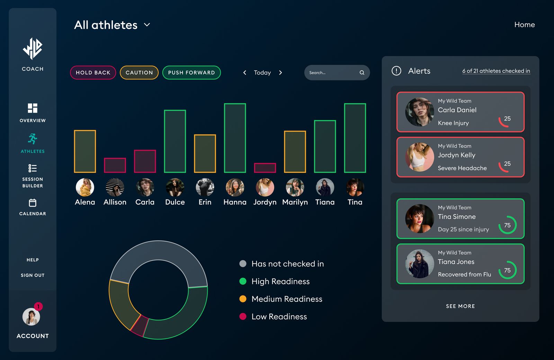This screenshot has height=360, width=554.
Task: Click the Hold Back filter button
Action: click(x=93, y=72)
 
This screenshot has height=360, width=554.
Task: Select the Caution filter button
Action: click(x=139, y=72)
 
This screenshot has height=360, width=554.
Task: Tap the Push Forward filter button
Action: click(x=191, y=72)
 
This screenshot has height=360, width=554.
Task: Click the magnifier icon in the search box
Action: click(x=362, y=73)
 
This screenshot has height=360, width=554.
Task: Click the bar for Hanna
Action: click(x=235, y=138)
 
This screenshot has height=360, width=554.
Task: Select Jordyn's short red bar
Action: click(x=265, y=168)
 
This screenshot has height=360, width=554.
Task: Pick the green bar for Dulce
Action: click(x=175, y=141)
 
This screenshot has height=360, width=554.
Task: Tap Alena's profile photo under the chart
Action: click(x=85, y=187)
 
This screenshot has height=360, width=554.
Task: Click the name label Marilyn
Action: click(x=295, y=202)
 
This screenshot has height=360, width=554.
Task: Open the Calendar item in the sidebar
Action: click(x=33, y=207)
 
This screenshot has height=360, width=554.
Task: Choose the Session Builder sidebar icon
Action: click(x=33, y=168)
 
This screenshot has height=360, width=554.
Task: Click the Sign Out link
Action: click(x=33, y=275)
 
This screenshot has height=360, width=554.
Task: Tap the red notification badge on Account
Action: click(x=38, y=306)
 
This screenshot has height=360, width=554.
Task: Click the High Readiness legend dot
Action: click(x=243, y=281)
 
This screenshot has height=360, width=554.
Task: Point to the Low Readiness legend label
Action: click(x=279, y=317)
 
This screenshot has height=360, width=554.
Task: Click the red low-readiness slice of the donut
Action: click(x=140, y=326)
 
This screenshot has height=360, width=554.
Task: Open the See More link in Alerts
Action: click(x=460, y=306)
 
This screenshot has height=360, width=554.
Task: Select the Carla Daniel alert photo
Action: click(x=419, y=112)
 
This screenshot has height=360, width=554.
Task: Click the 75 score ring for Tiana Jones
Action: click(x=507, y=270)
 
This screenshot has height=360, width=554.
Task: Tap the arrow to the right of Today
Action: click(x=280, y=73)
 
